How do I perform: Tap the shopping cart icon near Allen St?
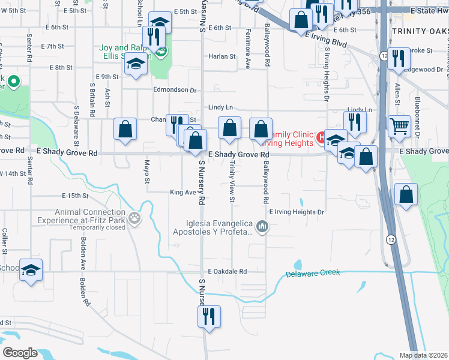coord(399,127)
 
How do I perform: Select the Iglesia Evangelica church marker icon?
coord(261,227)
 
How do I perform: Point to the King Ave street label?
coord(182,193)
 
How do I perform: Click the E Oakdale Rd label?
coord(228,271)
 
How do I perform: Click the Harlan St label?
coord(222,56)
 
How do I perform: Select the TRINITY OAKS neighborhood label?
coord(419,31)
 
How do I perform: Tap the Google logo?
coord(19,352)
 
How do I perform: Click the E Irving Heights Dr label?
coord(297,212)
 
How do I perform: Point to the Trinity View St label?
coord(232,184)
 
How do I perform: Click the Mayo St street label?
coord(146,172)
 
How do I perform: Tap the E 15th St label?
coord(75,196)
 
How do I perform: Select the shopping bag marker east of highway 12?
coord(407,195)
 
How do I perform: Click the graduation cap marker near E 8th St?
coord(136,65)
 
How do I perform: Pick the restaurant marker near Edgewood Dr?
coord(398,58)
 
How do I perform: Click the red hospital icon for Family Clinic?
coord(321,137)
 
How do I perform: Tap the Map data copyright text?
coord(424,355)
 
